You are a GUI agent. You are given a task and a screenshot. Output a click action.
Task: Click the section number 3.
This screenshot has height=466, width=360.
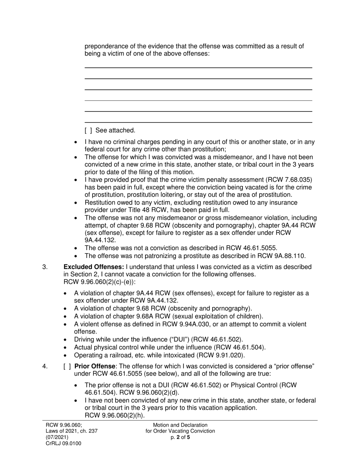coord(45,267)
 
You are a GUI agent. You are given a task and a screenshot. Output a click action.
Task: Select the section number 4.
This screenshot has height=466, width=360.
coord(45,366)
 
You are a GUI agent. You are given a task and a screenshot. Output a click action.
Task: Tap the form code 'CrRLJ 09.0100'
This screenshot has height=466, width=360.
coord(63,443)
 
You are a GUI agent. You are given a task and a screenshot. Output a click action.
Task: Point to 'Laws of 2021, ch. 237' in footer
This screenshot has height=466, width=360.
coord(72,431)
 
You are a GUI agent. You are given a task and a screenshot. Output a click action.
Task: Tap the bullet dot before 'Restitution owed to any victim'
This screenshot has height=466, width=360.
coord(76,203)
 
